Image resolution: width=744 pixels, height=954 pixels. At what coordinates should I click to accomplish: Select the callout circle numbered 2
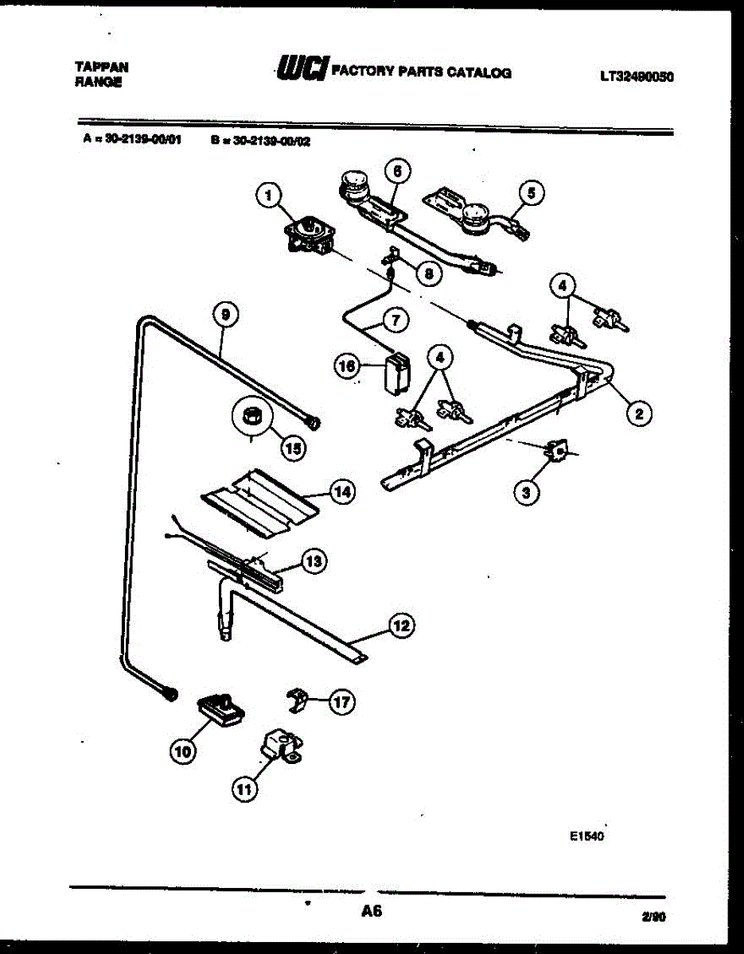click(638, 412)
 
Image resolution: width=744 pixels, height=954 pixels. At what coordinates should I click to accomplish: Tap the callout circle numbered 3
click(526, 493)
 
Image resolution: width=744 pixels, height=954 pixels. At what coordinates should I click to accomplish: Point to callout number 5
click(532, 192)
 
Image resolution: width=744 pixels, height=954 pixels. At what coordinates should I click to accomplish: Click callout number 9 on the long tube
click(225, 315)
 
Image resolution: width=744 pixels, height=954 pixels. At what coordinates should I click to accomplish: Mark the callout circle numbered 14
click(341, 493)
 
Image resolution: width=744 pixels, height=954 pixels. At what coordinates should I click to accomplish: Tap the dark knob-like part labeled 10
click(220, 708)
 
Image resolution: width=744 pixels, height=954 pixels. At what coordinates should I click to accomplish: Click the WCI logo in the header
click(302, 72)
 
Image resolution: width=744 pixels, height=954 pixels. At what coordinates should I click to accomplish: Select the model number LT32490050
click(637, 77)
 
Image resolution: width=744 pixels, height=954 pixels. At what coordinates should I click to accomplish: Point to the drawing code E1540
click(588, 836)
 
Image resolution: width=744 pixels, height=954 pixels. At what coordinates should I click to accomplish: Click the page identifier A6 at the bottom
click(371, 911)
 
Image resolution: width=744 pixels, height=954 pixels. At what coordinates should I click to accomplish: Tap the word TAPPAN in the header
click(101, 68)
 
